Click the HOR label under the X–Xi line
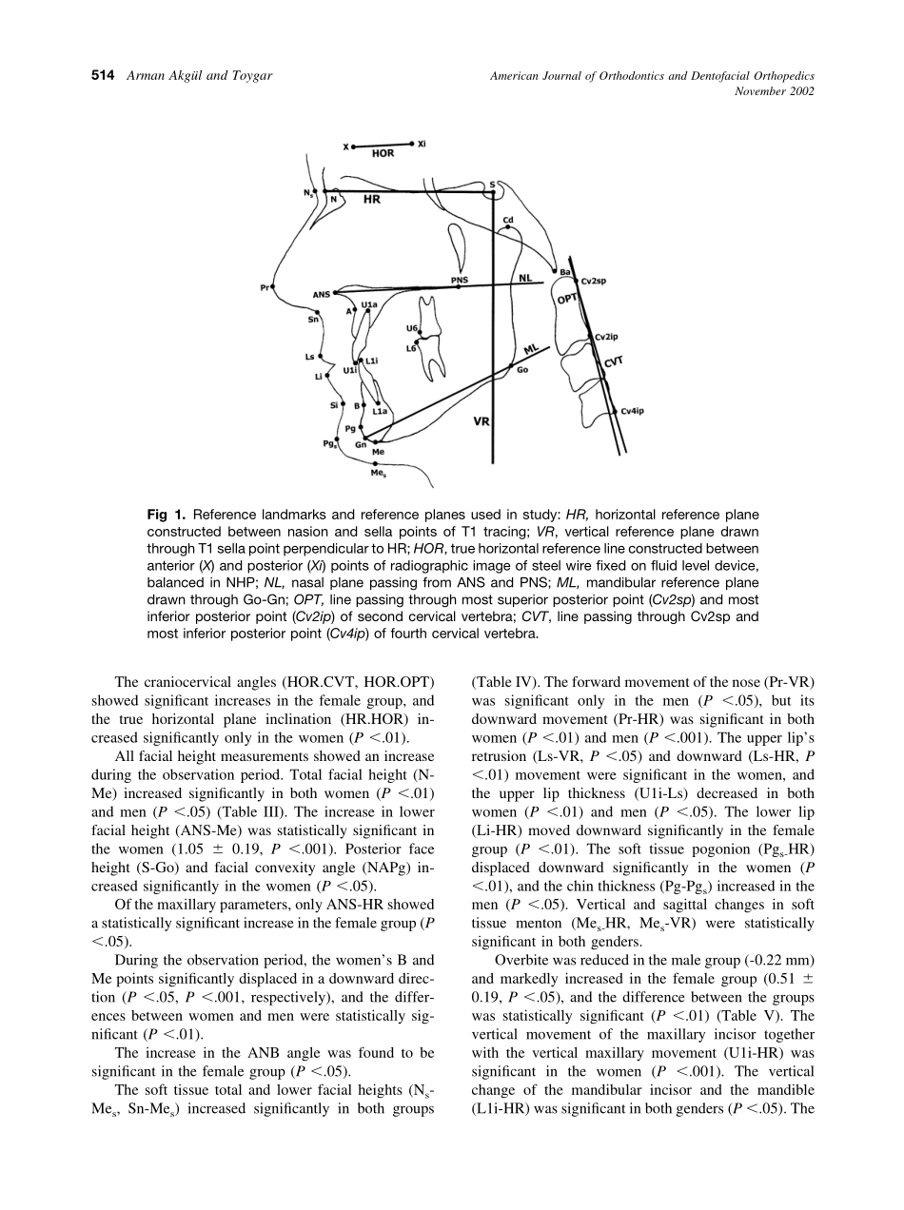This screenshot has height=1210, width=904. point(383,153)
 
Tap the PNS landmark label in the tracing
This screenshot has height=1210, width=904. point(460,280)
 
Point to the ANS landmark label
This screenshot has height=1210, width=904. point(321,295)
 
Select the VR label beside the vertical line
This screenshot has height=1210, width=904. point(481,420)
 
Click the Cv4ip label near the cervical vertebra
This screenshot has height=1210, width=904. point(633,411)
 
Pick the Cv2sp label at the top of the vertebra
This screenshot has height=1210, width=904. point(594,282)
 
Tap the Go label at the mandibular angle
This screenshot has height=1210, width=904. point(522,370)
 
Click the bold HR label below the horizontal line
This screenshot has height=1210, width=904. point(372,201)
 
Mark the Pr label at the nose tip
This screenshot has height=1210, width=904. point(264,285)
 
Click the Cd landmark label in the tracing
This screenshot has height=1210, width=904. point(508,218)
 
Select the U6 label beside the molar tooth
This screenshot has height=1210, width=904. point(411,329)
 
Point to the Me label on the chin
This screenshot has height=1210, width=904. point(378,451)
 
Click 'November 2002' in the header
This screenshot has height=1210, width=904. point(776,91)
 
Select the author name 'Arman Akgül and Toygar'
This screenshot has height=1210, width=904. point(199,75)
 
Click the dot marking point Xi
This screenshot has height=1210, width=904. point(411,144)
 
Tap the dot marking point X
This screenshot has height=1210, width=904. point(353,147)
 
